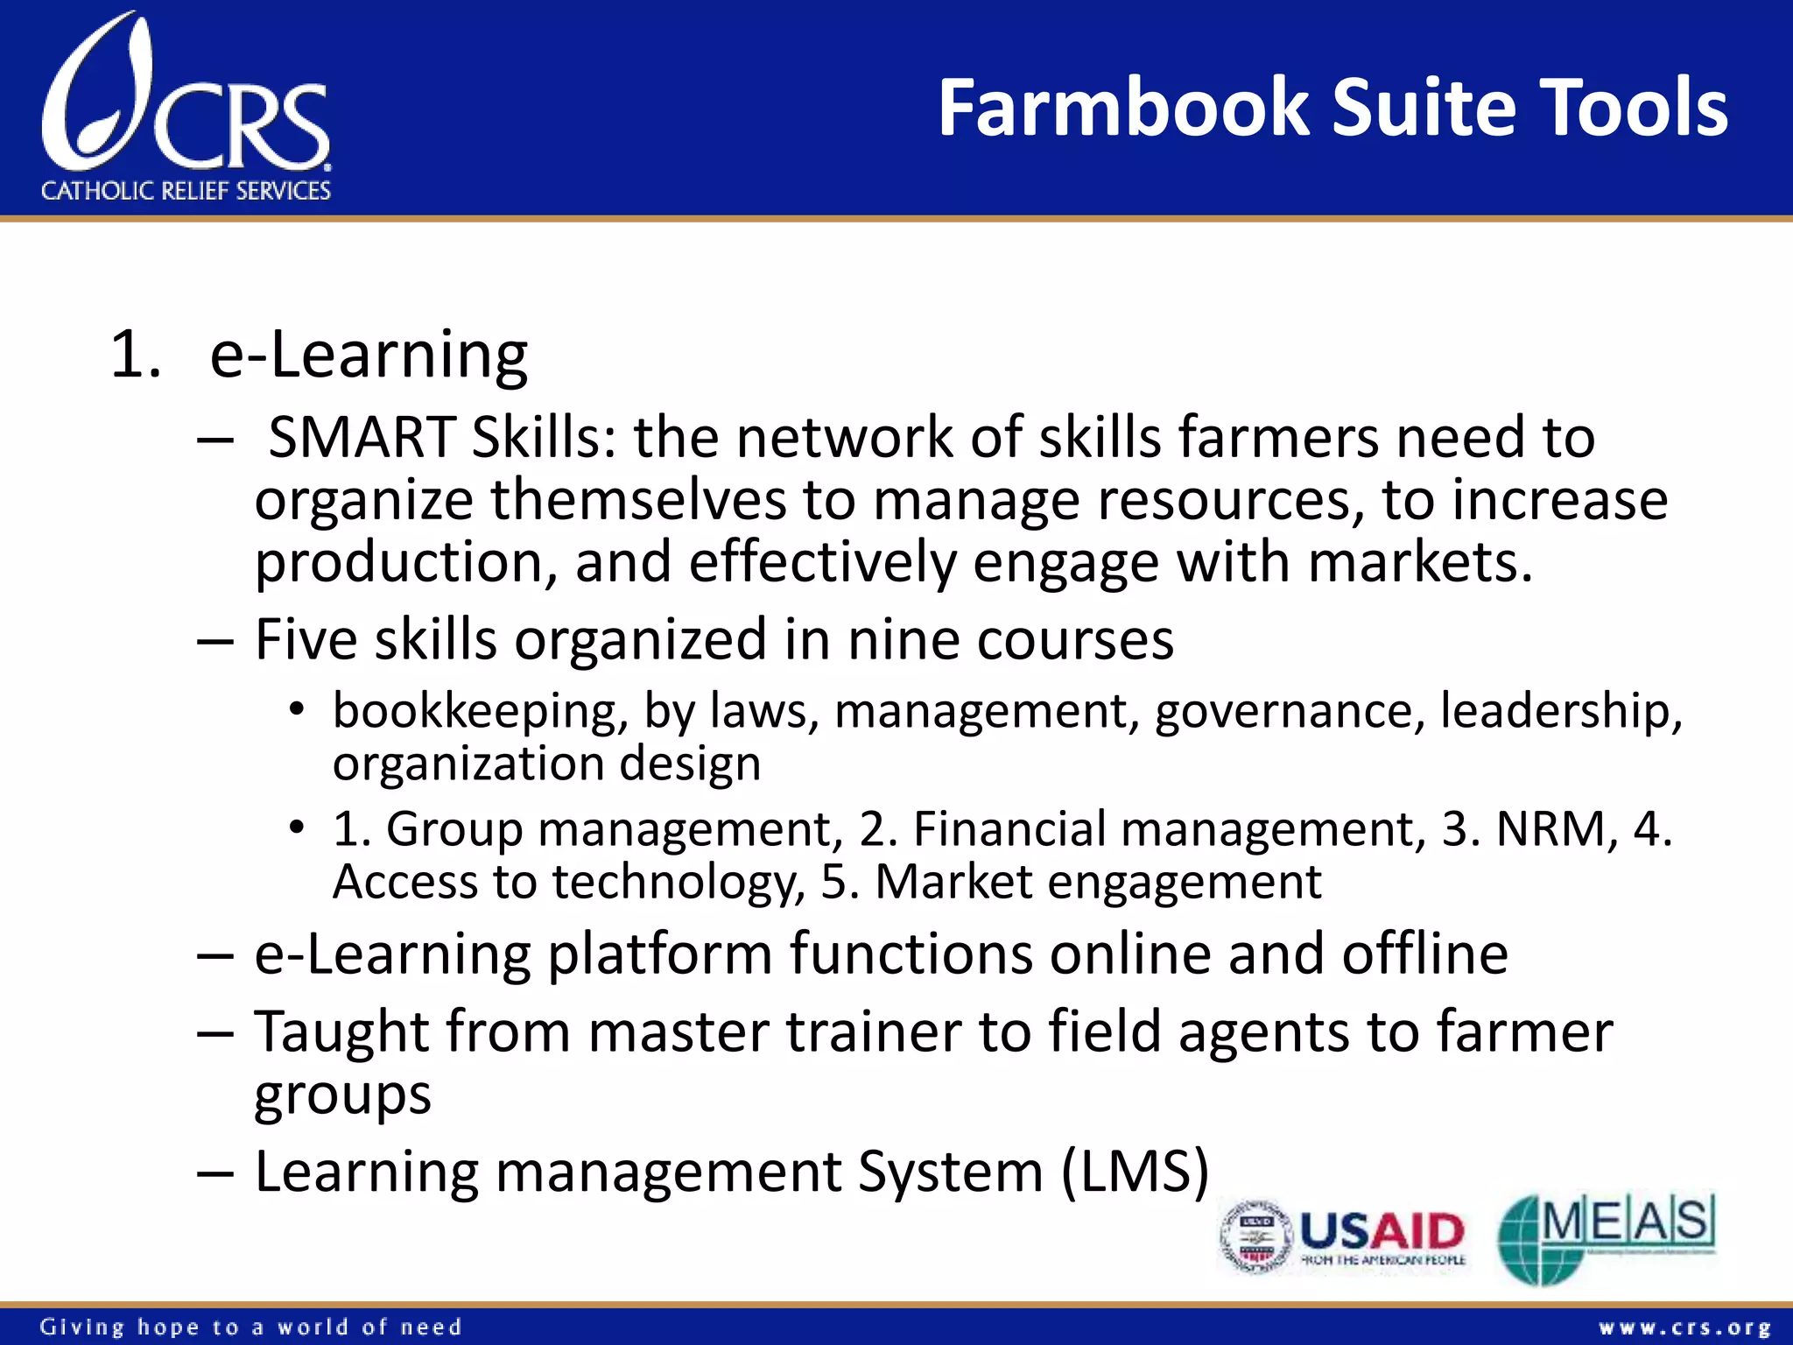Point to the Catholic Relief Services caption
186,191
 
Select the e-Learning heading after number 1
369,356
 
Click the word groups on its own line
342,1095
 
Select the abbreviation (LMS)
1135,1172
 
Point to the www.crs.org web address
1684,1328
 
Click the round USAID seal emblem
1256,1236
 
